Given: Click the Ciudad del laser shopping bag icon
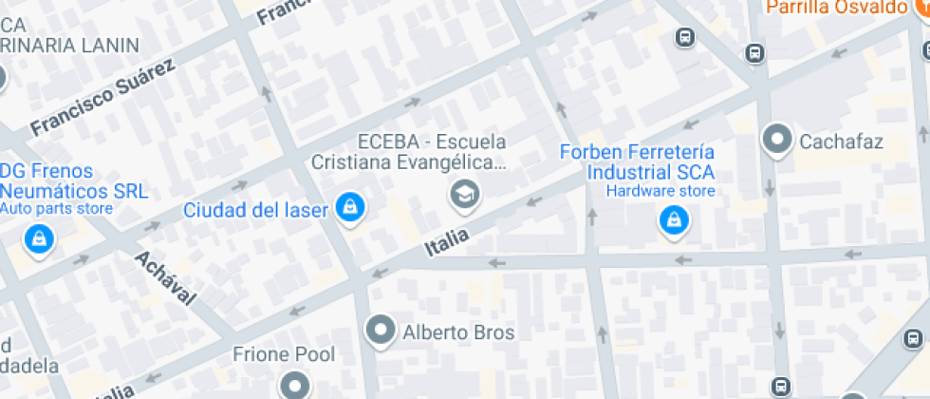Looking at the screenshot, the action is click(x=349, y=205).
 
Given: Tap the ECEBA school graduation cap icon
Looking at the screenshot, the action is click(x=465, y=195).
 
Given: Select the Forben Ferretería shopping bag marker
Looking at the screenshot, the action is click(x=674, y=221).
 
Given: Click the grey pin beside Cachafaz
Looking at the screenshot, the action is click(x=778, y=141).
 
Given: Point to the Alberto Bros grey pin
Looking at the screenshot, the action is click(x=381, y=330).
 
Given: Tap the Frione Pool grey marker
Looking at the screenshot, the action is click(x=294, y=385).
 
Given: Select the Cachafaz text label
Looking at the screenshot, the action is click(x=841, y=143).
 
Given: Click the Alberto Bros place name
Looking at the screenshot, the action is click(x=458, y=332).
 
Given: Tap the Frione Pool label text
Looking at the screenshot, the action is click(x=285, y=355).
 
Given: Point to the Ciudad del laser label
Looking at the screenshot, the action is click(x=256, y=209).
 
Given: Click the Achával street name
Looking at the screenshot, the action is click(x=164, y=277).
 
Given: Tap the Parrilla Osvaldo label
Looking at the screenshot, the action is click(x=836, y=8).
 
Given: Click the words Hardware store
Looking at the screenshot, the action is click(x=660, y=192).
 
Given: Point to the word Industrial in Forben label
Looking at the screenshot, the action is click(x=630, y=174).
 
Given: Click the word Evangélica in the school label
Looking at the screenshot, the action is click(x=455, y=163).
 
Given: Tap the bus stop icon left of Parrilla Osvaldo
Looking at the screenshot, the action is click(x=683, y=37).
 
